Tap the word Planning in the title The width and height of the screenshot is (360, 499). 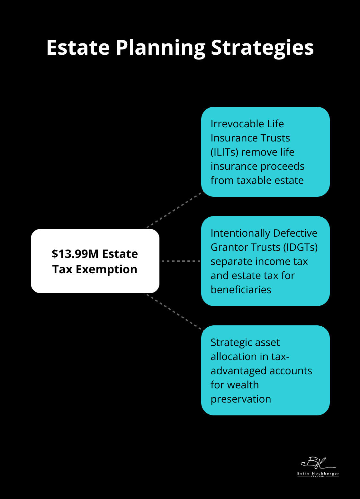160,48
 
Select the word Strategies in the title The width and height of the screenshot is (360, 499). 262,48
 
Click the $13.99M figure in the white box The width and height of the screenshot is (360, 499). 75,254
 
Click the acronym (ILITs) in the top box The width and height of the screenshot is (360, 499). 224,152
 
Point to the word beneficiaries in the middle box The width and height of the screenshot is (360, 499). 241,290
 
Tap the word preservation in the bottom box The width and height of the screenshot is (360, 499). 241,399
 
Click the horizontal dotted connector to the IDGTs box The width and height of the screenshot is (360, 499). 181,261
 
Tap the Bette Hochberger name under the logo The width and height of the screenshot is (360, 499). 318,474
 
